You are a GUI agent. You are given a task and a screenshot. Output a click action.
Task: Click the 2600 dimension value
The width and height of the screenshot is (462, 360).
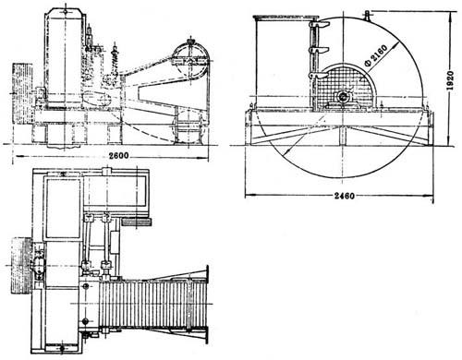pos(119,156)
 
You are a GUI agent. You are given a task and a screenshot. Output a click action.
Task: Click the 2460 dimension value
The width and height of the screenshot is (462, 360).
pos(345,196)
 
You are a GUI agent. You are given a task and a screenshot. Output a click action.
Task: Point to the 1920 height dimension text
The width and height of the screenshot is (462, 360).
pos(450,80)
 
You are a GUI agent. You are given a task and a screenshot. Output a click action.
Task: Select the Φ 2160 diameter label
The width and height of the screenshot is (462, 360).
pos(375,56)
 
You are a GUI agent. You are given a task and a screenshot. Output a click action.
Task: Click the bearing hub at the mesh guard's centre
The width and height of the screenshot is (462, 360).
pos(343,97)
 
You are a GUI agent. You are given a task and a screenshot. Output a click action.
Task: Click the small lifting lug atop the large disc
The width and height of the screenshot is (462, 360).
pos(367,15)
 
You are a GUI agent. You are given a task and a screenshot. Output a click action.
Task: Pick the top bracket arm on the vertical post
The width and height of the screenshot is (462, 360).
pos(319,25)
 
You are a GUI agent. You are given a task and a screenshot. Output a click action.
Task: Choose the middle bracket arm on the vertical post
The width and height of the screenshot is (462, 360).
pos(319,50)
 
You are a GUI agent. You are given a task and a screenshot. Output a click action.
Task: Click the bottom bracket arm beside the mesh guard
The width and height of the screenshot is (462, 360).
pos(318,76)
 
